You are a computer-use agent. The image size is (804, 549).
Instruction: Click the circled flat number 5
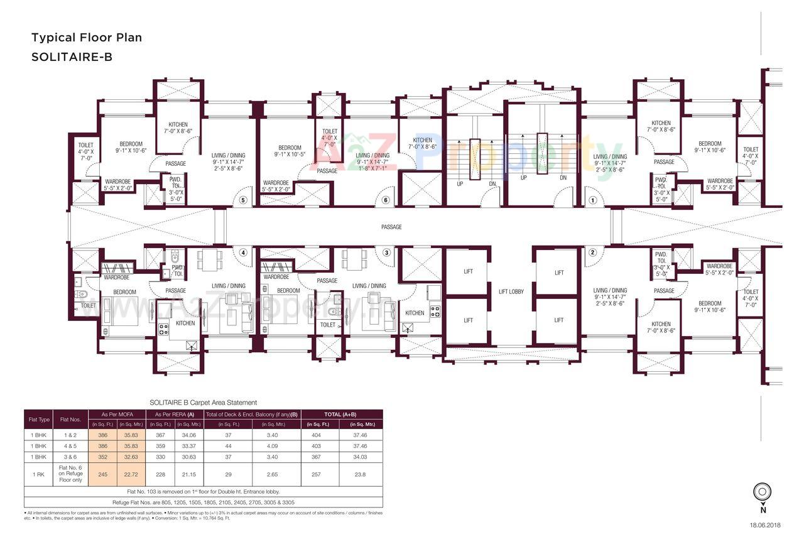243,200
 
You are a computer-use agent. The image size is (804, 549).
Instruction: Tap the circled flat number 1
591,200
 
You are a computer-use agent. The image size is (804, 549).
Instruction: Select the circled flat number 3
386,253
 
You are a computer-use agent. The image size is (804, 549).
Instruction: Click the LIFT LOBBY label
511,291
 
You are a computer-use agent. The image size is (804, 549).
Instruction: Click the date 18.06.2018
764,525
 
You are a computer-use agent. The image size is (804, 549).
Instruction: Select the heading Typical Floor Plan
87,38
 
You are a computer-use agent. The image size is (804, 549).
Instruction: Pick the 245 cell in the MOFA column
103,474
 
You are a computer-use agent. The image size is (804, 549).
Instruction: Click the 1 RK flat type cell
38,474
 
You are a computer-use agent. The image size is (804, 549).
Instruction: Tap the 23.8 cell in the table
361,474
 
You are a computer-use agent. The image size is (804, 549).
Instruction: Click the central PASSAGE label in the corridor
391,227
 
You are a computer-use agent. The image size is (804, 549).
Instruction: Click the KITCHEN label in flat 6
423,140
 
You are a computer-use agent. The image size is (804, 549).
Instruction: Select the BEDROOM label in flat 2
710,303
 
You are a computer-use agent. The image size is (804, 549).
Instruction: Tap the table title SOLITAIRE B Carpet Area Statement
203,403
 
